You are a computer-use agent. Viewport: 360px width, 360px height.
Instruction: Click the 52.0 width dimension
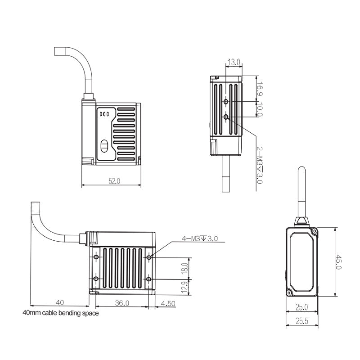[x=114, y=181]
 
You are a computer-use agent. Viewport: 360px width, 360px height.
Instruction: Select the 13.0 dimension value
[x=234, y=62]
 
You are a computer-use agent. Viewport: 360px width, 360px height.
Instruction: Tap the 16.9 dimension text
[x=260, y=89]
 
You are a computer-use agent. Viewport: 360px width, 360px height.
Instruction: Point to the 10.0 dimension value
[x=260, y=109]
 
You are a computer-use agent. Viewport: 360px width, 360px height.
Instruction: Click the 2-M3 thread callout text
[x=260, y=165]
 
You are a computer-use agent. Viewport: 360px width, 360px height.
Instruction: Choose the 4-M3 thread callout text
[x=200, y=238]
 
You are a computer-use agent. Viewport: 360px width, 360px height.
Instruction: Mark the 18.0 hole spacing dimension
[x=185, y=268]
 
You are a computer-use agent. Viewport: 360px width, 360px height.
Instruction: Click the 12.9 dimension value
[x=185, y=287]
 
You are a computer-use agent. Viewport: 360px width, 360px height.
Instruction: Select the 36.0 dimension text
[x=122, y=303]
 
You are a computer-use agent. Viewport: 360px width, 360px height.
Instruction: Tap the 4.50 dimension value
[x=168, y=303]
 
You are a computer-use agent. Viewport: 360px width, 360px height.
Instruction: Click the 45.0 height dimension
[x=339, y=261]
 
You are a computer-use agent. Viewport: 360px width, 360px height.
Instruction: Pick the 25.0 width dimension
[x=301, y=307]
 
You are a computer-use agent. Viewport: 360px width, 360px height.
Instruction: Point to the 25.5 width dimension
[x=302, y=321]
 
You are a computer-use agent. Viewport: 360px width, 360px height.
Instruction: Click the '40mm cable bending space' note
[x=61, y=313]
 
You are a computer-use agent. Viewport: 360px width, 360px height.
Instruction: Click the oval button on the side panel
[x=104, y=146]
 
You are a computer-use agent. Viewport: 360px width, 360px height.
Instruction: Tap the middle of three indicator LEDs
[x=104, y=114]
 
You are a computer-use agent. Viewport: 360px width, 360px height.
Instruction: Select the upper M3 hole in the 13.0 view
[x=226, y=102]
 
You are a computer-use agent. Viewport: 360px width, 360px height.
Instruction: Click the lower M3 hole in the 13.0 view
[x=226, y=117]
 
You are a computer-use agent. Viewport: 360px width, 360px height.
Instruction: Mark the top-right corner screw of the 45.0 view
[x=314, y=231]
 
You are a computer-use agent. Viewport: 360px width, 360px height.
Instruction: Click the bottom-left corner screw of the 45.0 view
[x=289, y=293]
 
